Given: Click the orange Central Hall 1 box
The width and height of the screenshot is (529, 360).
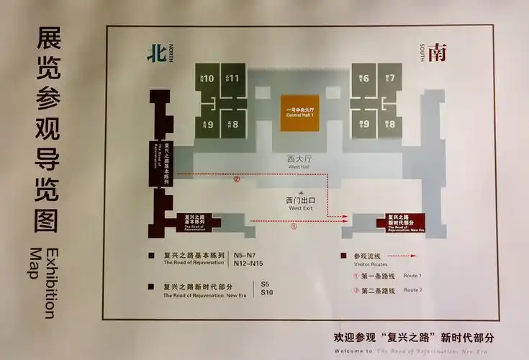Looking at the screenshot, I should click(x=299, y=112).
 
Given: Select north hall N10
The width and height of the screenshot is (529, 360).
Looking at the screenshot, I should click(x=208, y=78).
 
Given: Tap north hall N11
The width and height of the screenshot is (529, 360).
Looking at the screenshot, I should click(x=233, y=78).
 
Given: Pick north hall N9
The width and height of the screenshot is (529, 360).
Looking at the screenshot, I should click(x=208, y=124).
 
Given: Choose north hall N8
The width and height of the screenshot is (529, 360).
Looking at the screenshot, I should click(x=233, y=124).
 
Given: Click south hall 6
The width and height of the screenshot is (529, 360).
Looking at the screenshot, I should click(x=363, y=78).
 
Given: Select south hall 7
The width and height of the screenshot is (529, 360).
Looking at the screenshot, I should click(x=389, y=78).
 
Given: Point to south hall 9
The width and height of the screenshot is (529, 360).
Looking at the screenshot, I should click(x=363, y=124).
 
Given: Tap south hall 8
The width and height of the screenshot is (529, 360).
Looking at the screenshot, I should click(x=389, y=124).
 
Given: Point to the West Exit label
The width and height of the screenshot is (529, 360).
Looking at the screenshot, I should click(x=301, y=203).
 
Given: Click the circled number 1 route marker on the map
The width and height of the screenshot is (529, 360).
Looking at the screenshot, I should click(x=293, y=225).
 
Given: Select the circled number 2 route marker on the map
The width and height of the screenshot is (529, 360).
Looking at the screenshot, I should click(x=236, y=179).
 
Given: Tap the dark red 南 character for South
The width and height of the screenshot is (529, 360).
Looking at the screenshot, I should click(x=435, y=53).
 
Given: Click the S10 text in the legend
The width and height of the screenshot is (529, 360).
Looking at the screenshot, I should click(x=267, y=292).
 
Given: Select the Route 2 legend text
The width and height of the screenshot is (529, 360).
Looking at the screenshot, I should click(x=412, y=289).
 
